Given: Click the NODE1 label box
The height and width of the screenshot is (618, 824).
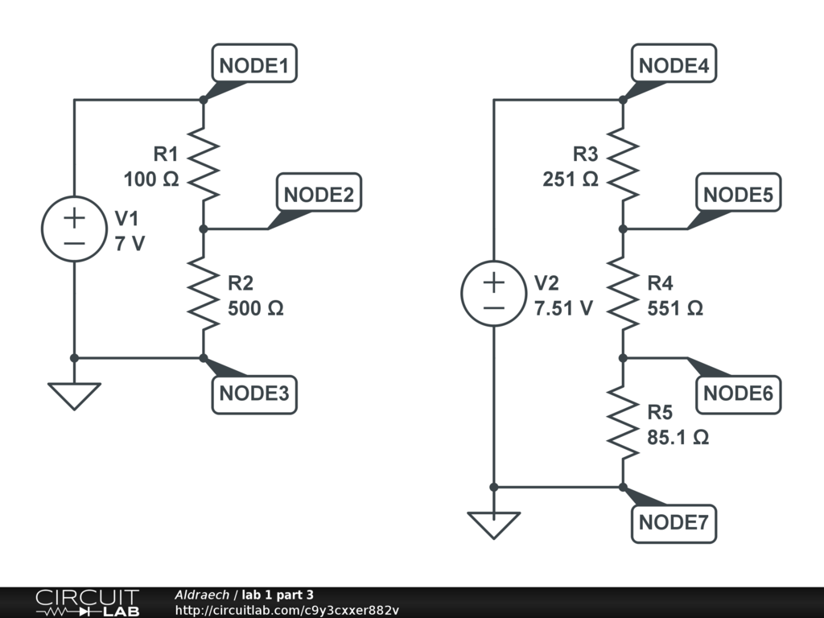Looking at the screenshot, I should (254, 65).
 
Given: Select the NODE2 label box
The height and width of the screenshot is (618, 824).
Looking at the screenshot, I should (319, 195).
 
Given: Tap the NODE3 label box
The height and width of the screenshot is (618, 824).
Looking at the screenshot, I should (254, 394).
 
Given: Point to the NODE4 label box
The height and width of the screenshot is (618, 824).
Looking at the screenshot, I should (674, 65).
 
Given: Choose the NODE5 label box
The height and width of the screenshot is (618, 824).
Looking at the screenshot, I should (738, 195).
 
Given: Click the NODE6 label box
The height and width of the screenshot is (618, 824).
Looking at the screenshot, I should (738, 393).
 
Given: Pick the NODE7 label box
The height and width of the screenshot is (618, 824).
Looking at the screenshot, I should (674, 522).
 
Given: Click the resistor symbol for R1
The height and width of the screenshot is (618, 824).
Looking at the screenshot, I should (204, 165).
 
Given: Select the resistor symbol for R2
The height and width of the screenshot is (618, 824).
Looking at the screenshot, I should (204, 294).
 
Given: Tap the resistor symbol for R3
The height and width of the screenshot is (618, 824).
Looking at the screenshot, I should (623, 165).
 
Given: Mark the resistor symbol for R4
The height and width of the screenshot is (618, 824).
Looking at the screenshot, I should (623, 294).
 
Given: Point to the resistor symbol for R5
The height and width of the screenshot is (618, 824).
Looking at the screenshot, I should (623, 422).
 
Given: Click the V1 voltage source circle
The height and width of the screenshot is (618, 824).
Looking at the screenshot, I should (74, 229).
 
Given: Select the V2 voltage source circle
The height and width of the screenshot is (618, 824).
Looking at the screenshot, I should (493, 294).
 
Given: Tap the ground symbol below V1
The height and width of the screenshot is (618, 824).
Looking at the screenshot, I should (74, 395).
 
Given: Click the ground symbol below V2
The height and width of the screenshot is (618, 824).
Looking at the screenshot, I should (493, 524).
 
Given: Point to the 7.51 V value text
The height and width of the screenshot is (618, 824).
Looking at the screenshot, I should (563, 308).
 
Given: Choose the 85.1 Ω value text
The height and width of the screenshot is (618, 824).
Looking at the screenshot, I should (678, 438).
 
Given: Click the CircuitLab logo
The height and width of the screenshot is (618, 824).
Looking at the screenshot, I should (87, 603).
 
